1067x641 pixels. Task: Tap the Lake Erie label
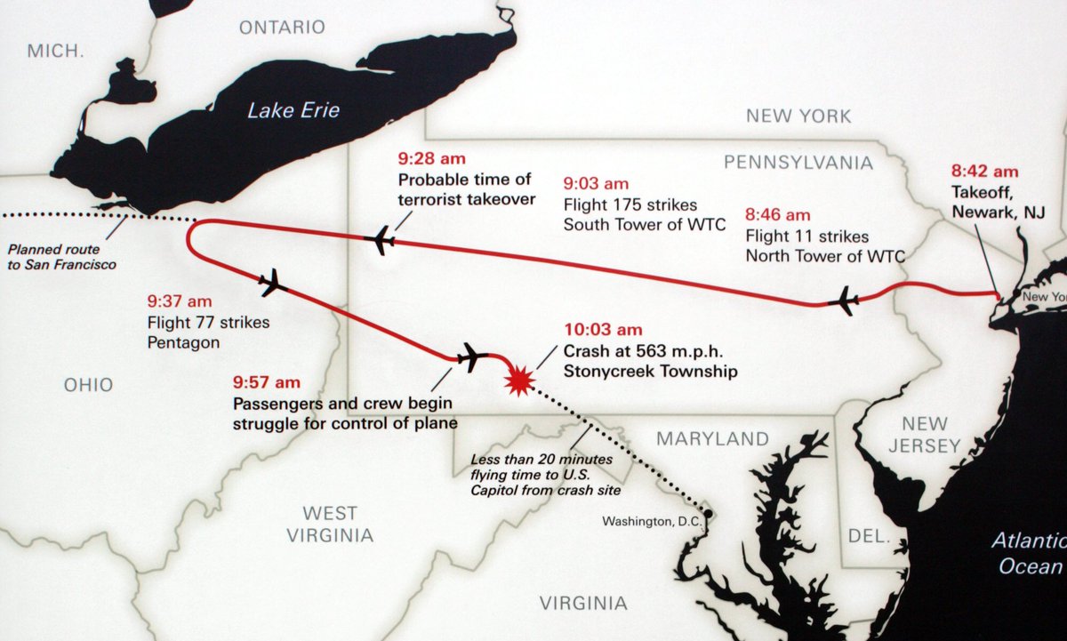pyautogui.click(x=293, y=111)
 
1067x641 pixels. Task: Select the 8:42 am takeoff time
pyautogui.click(x=984, y=172)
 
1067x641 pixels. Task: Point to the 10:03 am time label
pyautogui.click(x=602, y=330)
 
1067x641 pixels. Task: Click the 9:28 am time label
pyautogui.click(x=431, y=159)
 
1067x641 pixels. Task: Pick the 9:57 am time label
pyautogui.click(x=267, y=382)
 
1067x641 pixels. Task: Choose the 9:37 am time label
pyautogui.click(x=180, y=300)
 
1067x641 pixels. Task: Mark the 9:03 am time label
pyautogui.click(x=597, y=184)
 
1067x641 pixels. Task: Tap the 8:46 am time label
pyautogui.click(x=778, y=215)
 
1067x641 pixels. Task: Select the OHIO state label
pyautogui.click(x=88, y=385)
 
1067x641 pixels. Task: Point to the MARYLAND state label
pyautogui.click(x=712, y=439)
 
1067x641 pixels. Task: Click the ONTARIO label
pyautogui.click(x=282, y=28)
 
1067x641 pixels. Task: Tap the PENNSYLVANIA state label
pyautogui.click(x=798, y=163)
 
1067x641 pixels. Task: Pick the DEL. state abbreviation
pyautogui.click(x=869, y=536)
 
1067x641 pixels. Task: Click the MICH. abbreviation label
pyautogui.click(x=55, y=51)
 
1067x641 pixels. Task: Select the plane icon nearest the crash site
pyautogui.click(x=471, y=357)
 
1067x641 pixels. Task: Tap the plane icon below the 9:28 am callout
pyautogui.click(x=381, y=239)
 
